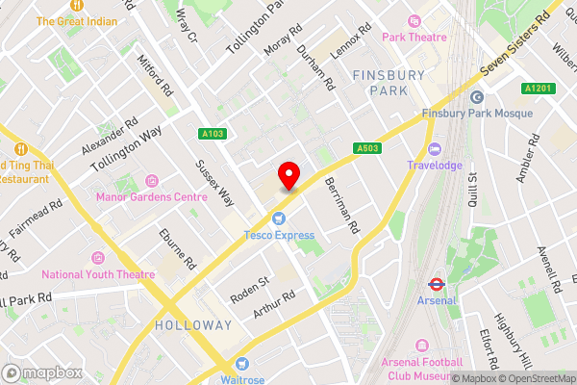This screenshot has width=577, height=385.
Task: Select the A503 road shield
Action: click(365, 148)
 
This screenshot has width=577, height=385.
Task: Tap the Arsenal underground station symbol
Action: click(435, 284)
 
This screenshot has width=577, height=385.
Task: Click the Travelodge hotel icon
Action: click(434, 149)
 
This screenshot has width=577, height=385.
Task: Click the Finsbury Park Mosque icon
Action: click(476, 97)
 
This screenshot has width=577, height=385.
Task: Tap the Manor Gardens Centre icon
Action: click(152, 181)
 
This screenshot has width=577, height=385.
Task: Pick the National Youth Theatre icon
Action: click(97, 258)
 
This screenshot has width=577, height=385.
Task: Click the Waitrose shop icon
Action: click(241, 364)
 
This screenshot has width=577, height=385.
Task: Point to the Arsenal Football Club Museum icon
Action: click(420, 346)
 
